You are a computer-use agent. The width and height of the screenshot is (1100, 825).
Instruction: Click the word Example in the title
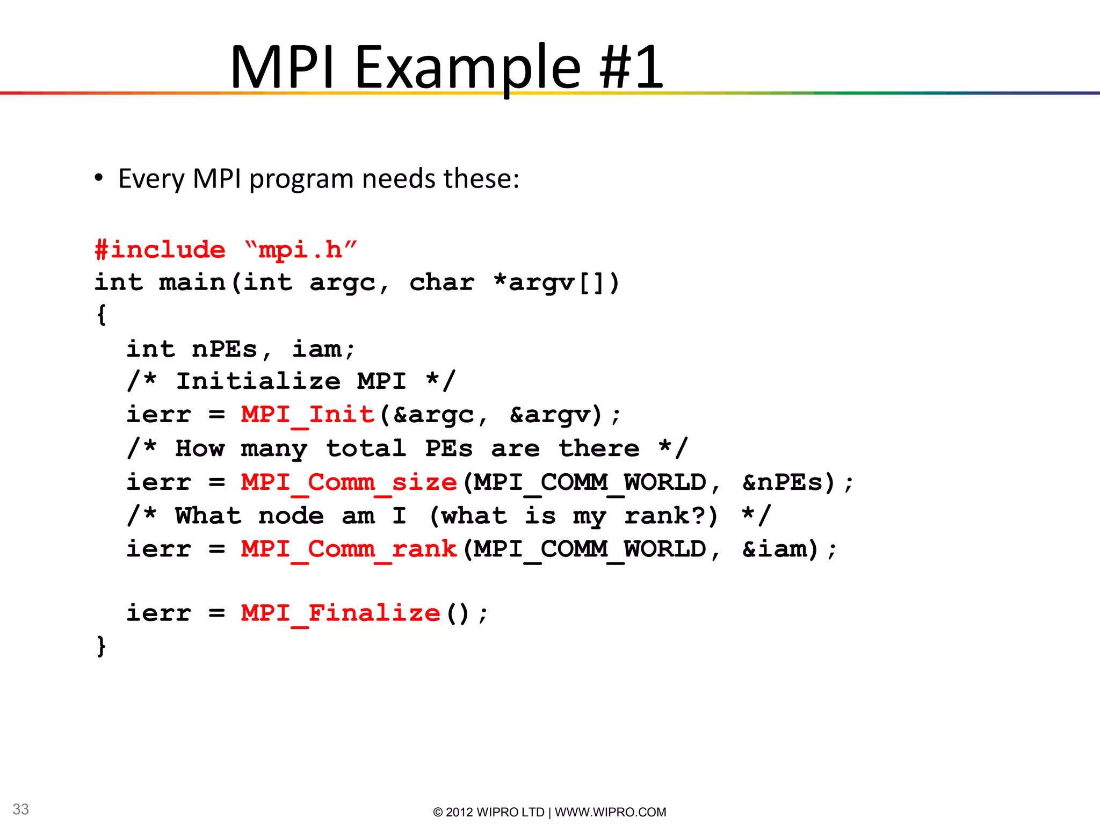(x=467, y=67)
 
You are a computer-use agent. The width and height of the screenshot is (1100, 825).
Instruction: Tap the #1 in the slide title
(x=631, y=67)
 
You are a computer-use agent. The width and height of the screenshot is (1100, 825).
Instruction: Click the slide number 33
(x=20, y=809)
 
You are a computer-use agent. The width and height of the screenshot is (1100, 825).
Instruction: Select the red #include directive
(x=160, y=250)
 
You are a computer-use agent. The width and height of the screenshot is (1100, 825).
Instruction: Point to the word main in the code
(x=192, y=283)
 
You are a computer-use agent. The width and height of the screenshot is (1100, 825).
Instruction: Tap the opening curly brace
(x=101, y=315)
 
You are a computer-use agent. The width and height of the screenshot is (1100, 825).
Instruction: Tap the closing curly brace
(x=101, y=646)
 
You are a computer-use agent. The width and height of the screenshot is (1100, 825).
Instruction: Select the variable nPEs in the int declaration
(x=225, y=349)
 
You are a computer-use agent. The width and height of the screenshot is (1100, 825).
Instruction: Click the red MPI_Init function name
(x=307, y=415)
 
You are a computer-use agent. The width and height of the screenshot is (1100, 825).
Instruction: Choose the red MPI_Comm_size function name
(x=349, y=482)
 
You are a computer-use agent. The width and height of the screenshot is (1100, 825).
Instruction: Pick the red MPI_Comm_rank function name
(x=349, y=549)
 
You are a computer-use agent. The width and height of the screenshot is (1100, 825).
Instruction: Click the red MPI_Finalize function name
(x=341, y=613)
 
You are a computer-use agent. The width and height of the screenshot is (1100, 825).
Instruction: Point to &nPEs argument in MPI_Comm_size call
(x=788, y=482)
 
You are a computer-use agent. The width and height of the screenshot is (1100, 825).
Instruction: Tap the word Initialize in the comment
(x=258, y=381)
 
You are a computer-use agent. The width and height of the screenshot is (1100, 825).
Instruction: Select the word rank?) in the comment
(x=671, y=516)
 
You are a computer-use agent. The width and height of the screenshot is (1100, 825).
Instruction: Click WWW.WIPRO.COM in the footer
(x=610, y=812)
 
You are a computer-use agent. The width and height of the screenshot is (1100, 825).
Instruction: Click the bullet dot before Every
(x=98, y=179)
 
